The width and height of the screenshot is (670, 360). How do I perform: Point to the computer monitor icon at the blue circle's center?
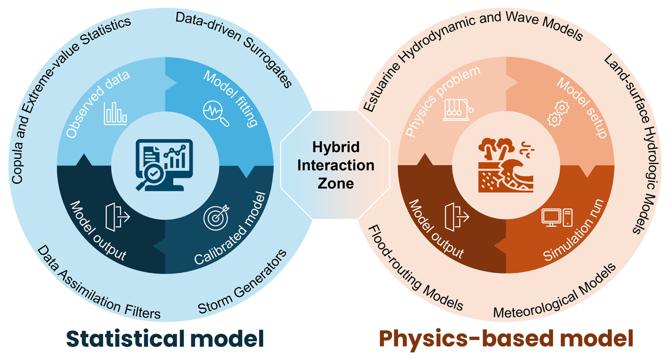tap(165, 165)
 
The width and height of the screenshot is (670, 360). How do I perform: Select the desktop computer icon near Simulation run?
tap(557, 217)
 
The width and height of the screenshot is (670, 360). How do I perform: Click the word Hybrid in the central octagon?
tap(336, 147)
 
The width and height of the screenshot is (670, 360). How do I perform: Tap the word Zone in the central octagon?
tap(335, 184)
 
